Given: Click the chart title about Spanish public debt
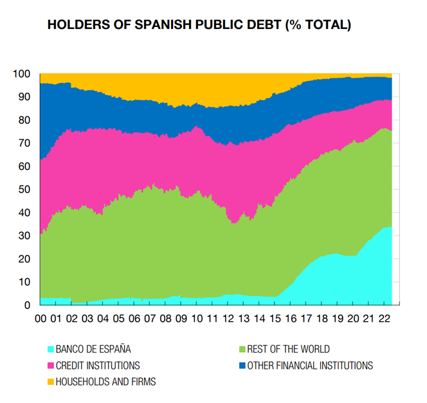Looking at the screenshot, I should (199, 26).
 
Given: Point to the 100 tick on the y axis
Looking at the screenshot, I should (21, 74).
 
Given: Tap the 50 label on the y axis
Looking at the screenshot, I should (24, 189).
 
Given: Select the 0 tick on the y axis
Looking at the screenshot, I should (26, 305).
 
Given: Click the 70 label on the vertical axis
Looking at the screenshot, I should (24, 143).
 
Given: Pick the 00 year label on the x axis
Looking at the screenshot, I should (41, 318).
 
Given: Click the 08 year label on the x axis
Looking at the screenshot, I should (166, 318).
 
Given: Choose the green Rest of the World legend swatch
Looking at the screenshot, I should (242, 350).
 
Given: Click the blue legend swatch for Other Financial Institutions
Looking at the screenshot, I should (242, 366).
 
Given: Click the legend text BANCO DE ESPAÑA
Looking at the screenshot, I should (94, 350).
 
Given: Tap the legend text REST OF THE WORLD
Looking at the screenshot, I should (289, 350).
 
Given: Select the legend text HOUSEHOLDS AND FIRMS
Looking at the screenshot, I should (106, 382).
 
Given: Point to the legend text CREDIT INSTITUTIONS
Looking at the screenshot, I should (98, 366).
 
